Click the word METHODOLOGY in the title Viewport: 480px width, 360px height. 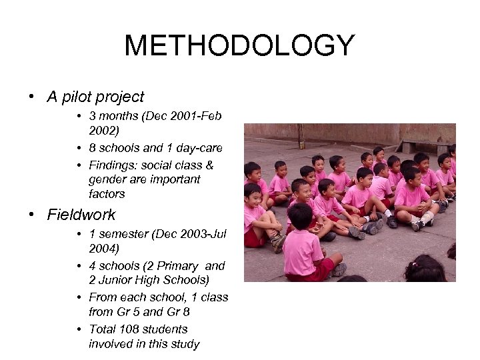pos(239,47)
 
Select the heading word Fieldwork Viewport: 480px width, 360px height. pos(81,215)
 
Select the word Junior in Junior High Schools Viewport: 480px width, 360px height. pos(114,281)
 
